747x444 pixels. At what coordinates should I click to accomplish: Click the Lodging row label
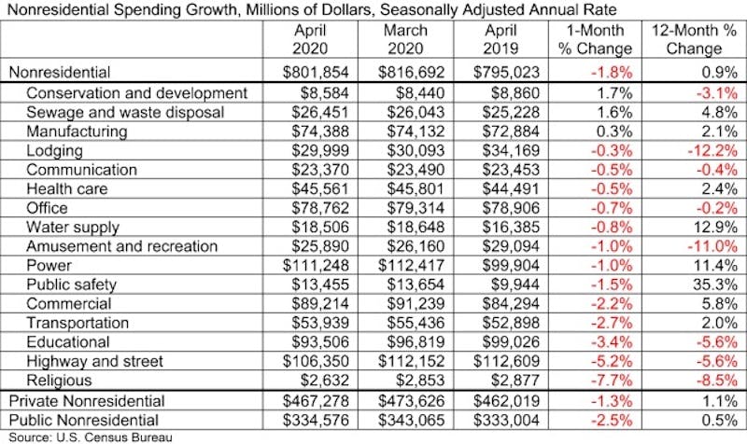tap(55, 149)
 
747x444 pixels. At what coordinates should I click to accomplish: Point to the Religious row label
tap(60, 381)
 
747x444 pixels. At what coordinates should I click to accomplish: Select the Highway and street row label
tap(94, 361)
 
